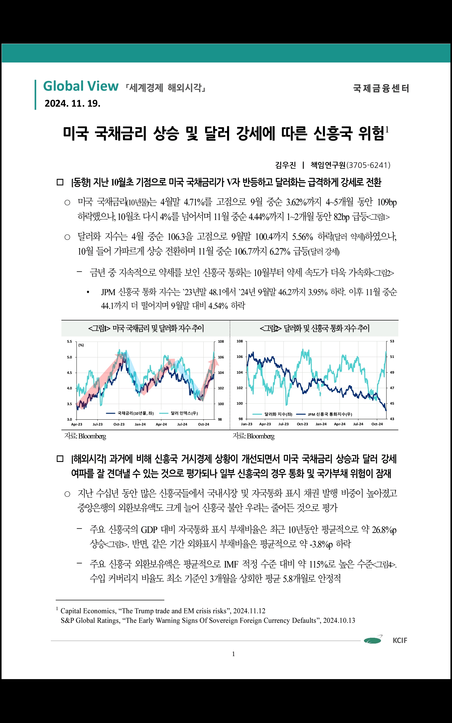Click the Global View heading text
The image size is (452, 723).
coord(81,87)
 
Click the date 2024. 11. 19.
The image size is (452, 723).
coord(72,104)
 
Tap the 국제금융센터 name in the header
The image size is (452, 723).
coord(381,89)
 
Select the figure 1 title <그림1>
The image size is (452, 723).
coord(146,328)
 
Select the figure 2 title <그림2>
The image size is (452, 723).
coord(314,328)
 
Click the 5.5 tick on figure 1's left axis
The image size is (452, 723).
coord(69,341)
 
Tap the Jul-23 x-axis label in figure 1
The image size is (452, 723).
coord(98,424)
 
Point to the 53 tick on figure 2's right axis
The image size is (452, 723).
coord(392,341)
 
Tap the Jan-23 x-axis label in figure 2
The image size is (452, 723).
coord(247,424)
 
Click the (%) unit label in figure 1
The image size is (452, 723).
coord(81,345)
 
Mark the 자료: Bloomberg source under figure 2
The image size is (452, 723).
coord(254,436)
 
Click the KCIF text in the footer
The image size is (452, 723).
coord(400,640)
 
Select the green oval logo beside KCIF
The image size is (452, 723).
coord(373,640)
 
